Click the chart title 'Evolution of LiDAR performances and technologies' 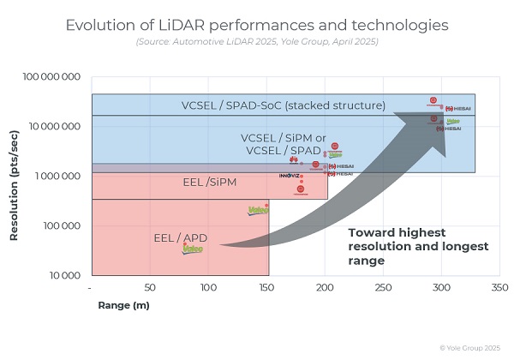point(257,26)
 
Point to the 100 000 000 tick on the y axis point(52,78)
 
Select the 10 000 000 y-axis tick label point(55,127)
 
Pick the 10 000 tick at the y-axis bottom point(63,275)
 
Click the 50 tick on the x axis point(150,288)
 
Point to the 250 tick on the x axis point(382,288)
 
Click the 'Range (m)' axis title point(119,304)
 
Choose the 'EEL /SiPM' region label point(209,183)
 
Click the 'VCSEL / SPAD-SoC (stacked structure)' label point(284,105)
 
